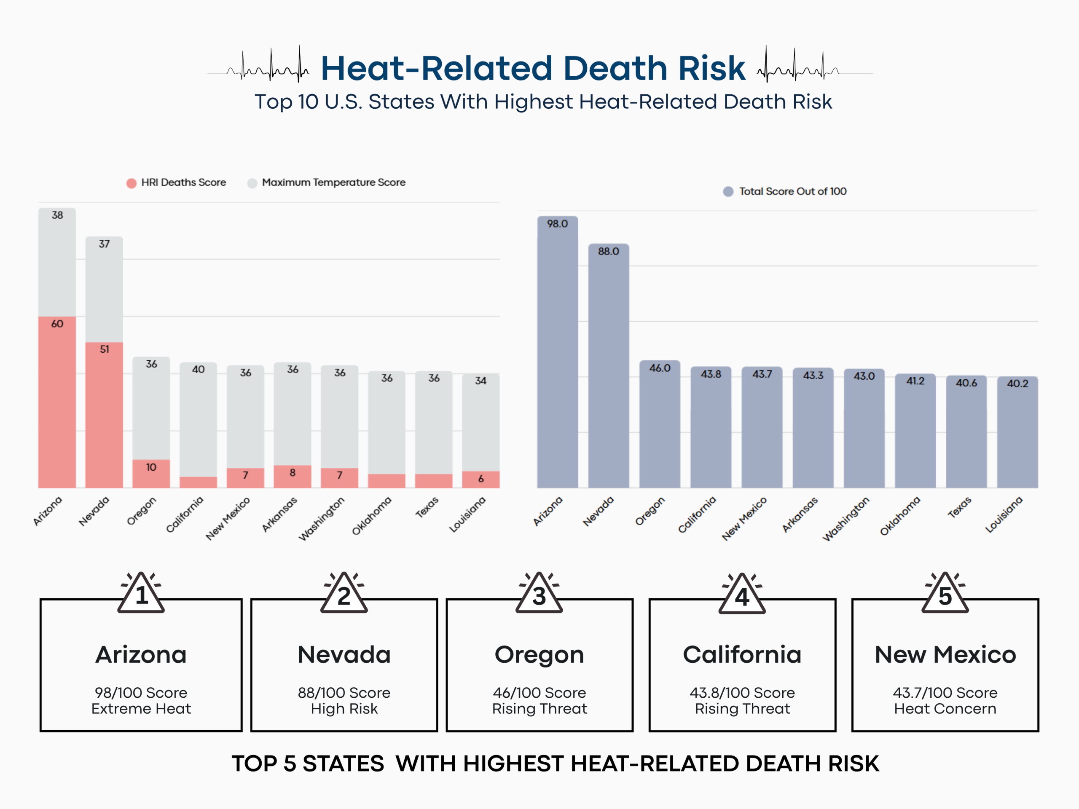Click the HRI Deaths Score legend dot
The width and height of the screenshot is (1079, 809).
pyautogui.click(x=131, y=183)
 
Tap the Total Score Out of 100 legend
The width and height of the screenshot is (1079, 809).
pyautogui.click(x=792, y=191)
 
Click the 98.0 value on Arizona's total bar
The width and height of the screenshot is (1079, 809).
pyautogui.click(x=557, y=224)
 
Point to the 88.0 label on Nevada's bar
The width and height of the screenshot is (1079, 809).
pyautogui.click(x=608, y=251)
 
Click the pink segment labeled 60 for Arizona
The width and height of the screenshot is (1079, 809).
pyautogui.click(x=57, y=400)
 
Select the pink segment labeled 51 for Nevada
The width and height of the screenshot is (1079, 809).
pyautogui.click(x=104, y=415)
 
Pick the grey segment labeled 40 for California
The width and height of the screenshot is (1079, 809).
pyautogui.click(x=198, y=419)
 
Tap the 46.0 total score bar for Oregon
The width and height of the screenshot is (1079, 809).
pyautogui.click(x=660, y=424)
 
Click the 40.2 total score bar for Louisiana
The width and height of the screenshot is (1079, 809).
pyautogui.click(x=1017, y=434)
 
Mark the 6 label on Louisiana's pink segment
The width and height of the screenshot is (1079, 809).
pyautogui.click(x=481, y=479)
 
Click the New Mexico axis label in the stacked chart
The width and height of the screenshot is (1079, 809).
pyautogui.click(x=228, y=518)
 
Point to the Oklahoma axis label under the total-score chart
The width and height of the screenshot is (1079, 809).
pyautogui.click(x=900, y=516)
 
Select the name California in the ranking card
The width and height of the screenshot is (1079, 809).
pyautogui.click(x=742, y=654)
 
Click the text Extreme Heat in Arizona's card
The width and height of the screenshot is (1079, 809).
pyautogui.click(x=141, y=709)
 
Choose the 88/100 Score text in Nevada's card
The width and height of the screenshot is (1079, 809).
pyautogui.click(x=344, y=692)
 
